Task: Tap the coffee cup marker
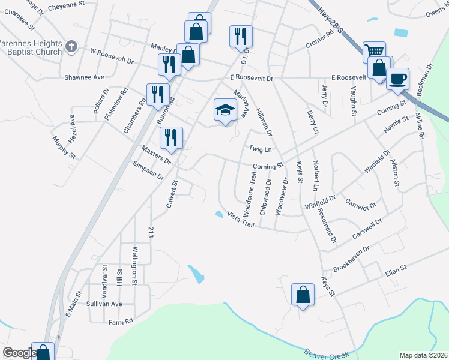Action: [x=396, y=79]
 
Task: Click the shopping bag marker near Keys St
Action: [x=303, y=295]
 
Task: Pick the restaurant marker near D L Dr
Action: [x=241, y=36]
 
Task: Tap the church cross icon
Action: [x=71, y=46]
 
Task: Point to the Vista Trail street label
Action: [x=241, y=219]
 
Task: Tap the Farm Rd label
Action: [x=120, y=322]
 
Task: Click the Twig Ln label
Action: [x=261, y=149]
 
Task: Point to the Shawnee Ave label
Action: [x=85, y=77]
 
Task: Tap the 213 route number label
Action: [x=151, y=233]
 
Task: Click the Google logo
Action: [x=19, y=353]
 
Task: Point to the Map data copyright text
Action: [x=423, y=355]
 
